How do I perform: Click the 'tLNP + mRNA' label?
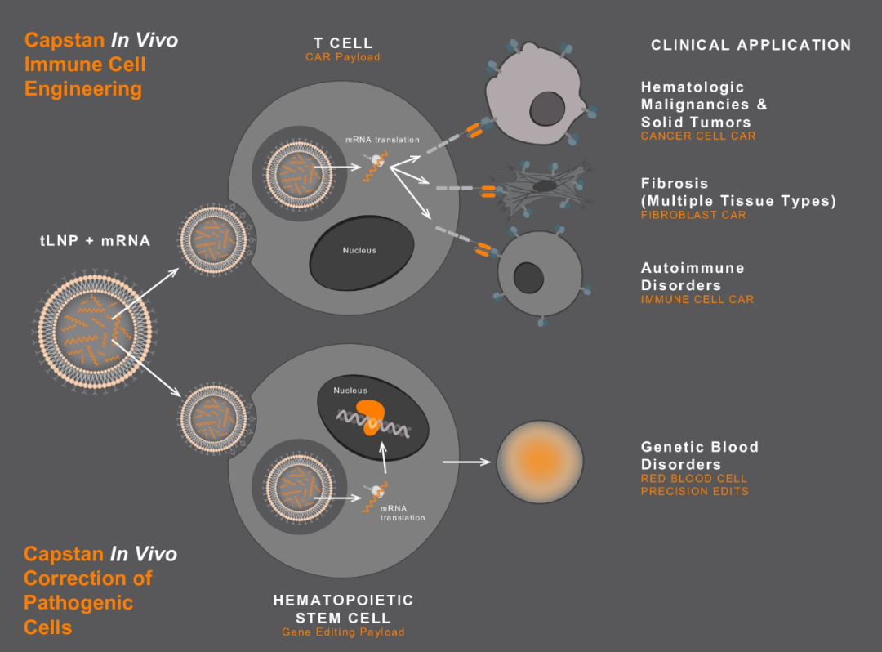click(95, 241)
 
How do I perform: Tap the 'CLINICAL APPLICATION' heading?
click(751, 45)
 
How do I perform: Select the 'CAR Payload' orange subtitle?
click(343, 57)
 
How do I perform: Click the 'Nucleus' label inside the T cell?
click(359, 250)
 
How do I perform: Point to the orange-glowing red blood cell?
click(541, 462)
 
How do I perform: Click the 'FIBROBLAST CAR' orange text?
click(693, 215)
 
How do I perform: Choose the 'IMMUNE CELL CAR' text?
click(697, 299)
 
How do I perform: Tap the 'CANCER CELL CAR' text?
click(698, 136)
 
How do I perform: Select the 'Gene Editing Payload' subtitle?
click(343, 632)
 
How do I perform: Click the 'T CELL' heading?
click(343, 42)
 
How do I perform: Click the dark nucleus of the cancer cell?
click(545, 109)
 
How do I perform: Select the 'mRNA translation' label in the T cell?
click(382, 140)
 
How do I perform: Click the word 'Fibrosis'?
click(675, 183)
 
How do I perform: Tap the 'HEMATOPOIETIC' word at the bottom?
click(343, 601)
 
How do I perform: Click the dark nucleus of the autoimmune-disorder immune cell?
click(528, 279)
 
